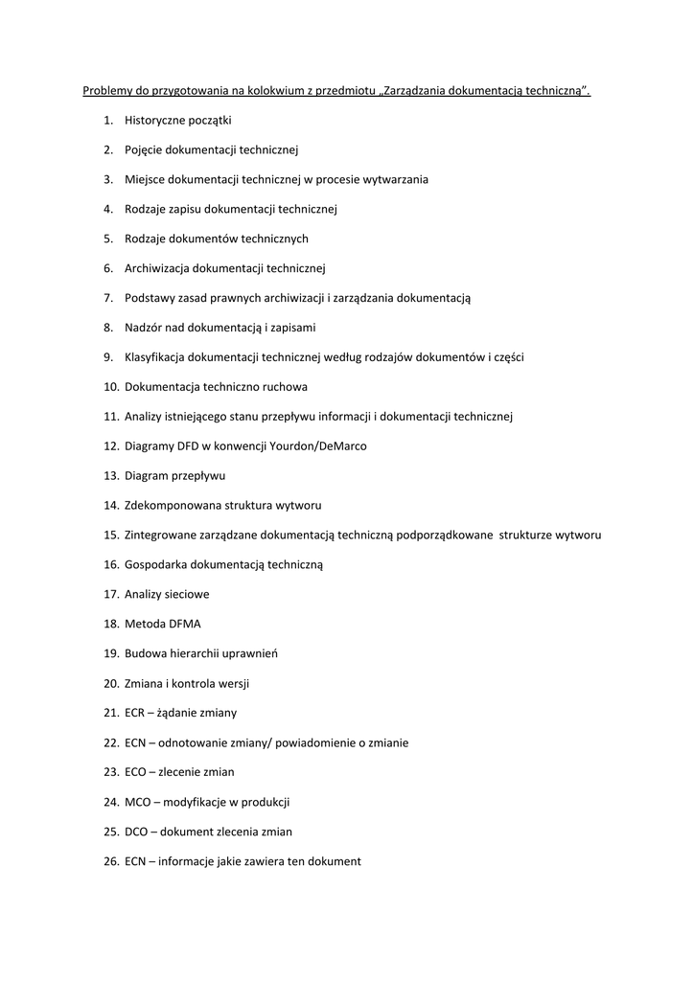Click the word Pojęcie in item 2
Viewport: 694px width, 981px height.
pyautogui.click(x=144, y=149)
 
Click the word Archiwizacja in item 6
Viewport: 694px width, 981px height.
pyautogui.click(x=157, y=268)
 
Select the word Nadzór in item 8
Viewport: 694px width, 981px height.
pyautogui.click(x=144, y=328)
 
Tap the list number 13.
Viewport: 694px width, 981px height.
pyautogui.click(x=110, y=475)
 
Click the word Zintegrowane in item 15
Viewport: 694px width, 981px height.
pyautogui.click(x=159, y=535)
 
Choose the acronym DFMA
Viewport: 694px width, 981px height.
pyautogui.click(x=184, y=624)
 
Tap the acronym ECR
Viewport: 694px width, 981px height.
pyautogui.click(x=135, y=713)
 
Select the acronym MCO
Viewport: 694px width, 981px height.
pyautogui.click(x=137, y=802)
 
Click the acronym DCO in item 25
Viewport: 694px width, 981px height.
pyautogui.click(x=136, y=832)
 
